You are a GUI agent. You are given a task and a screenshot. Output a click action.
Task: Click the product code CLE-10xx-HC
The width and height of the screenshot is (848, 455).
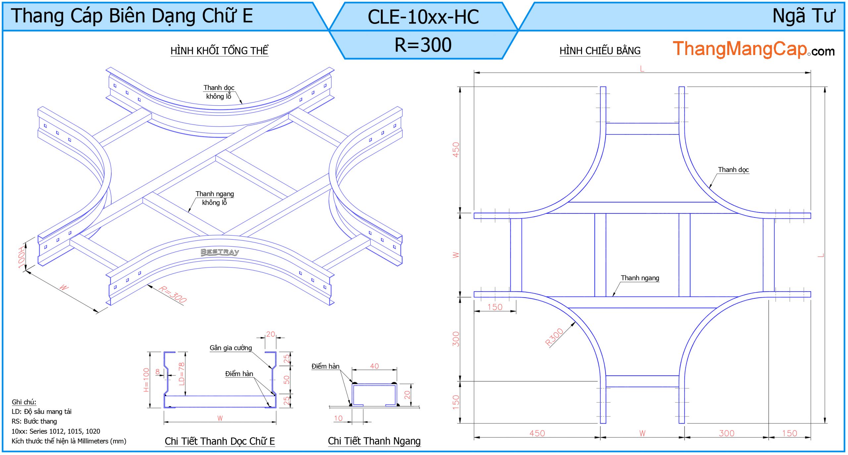click(423, 17)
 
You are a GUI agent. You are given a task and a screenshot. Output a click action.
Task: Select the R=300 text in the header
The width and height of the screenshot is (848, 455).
click(423, 45)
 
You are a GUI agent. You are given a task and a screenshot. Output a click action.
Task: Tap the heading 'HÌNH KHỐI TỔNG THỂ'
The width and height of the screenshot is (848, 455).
click(219, 51)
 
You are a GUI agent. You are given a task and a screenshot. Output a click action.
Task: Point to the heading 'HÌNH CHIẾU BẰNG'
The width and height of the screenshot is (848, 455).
click(600, 51)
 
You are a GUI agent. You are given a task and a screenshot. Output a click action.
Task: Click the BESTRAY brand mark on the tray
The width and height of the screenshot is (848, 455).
click(220, 252)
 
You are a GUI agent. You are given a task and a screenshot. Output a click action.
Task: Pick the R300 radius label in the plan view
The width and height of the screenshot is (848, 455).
click(554, 337)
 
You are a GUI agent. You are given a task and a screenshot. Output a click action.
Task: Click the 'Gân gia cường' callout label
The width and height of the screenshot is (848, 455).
click(231, 348)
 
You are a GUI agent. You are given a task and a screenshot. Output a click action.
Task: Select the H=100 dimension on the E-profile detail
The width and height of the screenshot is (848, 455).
click(146, 380)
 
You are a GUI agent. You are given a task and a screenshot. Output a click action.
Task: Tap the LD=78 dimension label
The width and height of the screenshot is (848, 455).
click(181, 374)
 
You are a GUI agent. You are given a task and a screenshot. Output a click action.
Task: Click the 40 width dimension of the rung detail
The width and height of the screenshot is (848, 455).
click(374, 366)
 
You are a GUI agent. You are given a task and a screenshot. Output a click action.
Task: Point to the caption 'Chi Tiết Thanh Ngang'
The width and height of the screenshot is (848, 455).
click(374, 441)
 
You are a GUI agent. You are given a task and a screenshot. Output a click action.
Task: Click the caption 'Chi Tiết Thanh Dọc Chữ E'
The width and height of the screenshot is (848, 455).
click(220, 441)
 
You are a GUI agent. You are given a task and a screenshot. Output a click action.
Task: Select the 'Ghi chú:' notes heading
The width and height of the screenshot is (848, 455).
click(24, 402)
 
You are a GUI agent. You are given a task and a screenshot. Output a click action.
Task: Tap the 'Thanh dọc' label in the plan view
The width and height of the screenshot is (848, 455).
click(733, 170)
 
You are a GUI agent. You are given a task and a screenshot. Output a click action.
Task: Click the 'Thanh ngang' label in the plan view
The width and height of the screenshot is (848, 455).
click(640, 278)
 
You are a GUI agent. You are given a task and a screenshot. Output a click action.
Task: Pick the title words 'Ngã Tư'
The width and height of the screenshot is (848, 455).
click(804, 16)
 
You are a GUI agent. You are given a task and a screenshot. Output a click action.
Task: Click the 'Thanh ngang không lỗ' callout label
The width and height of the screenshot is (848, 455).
click(215, 198)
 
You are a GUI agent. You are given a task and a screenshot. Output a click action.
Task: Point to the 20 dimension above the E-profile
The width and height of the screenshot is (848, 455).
click(270, 334)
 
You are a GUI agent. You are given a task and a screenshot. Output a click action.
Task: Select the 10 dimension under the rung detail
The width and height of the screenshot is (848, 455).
click(338, 418)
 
